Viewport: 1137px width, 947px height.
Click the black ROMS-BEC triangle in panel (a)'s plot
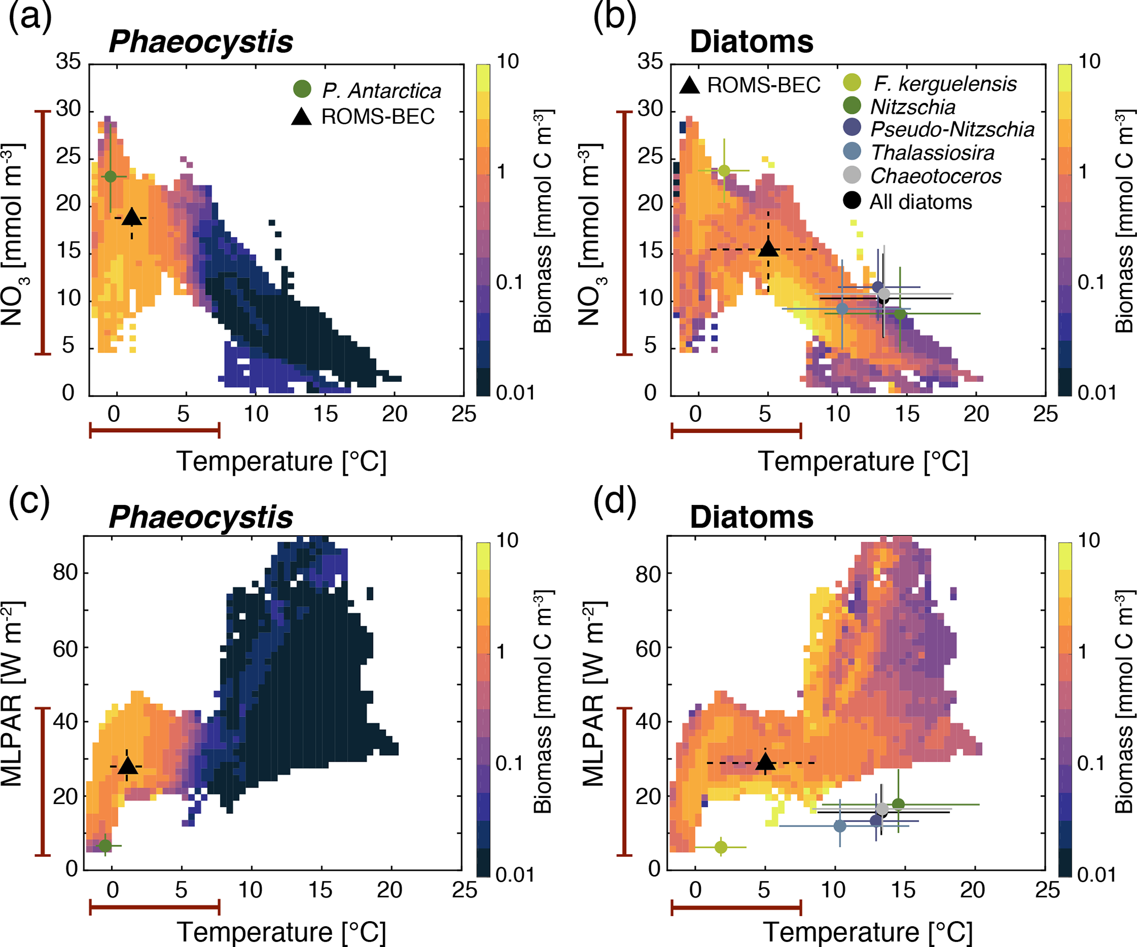(x=131, y=217)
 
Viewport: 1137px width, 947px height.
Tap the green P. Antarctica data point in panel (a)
(x=111, y=177)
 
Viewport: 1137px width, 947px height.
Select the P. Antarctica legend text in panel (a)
(x=381, y=91)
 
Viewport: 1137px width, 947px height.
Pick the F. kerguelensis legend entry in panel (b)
(x=944, y=84)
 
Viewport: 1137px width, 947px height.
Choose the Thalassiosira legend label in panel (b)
(x=932, y=152)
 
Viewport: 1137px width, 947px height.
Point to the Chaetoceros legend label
(x=935, y=176)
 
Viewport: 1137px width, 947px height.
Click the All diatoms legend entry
(x=920, y=202)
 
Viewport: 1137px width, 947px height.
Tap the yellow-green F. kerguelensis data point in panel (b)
(x=724, y=170)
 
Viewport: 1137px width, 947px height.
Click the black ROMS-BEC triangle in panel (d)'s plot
(x=765, y=762)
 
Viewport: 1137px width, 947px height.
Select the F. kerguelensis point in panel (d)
(x=721, y=847)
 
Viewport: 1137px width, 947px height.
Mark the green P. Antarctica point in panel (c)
(x=105, y=845)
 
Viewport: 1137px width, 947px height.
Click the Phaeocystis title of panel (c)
(x=201, y=517)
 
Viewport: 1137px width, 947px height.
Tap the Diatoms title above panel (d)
(x=751, y=517)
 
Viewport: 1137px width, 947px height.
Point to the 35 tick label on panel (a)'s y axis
(x=68, y=62)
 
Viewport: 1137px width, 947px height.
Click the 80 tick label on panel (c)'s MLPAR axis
(x=65, y=572)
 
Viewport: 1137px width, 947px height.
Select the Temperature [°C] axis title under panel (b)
(x=863, y=461)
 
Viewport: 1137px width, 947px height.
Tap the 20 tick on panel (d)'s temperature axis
(x=972, y=890)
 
